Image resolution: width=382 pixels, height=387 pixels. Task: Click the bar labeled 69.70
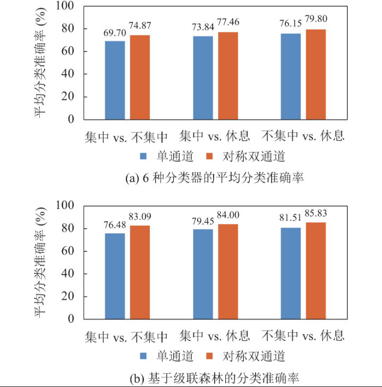tap(115, 80)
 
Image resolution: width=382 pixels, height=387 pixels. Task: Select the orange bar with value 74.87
tap(140, 77)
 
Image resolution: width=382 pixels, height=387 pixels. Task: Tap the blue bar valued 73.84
tap(203, 78)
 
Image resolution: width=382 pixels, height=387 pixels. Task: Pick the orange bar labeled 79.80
tap(316, 74)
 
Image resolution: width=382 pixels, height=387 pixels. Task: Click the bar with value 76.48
tap(115, 276)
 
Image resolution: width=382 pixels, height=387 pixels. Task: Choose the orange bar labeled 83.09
tap(140, 272)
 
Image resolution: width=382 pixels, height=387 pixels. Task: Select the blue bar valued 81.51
tap(291, 273)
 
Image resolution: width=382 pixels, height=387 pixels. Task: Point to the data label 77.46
tap(228, 22)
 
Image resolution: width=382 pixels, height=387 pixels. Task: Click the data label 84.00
tap(228, 215)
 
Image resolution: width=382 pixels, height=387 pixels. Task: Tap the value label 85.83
tap(316, 213)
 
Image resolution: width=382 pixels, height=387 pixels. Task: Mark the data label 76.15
tap(291, 23)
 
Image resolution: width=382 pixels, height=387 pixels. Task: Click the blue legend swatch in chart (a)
tap(143, 156)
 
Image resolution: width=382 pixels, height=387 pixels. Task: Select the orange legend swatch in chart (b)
tap(209, 356)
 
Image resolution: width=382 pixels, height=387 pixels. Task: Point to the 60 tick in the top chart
tap(67, 51)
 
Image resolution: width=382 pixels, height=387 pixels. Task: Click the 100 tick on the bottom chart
tap(65, 205)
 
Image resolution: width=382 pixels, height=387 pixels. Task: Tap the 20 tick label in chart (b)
tap(67, 296)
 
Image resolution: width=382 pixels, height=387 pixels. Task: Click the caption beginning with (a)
tap(214, 178)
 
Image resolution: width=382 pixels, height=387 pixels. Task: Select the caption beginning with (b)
tap(214, 378)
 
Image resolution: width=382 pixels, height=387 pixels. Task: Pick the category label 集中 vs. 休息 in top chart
tap(214, 136)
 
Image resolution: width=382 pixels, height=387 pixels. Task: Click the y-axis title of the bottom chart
tap(40, 262)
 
